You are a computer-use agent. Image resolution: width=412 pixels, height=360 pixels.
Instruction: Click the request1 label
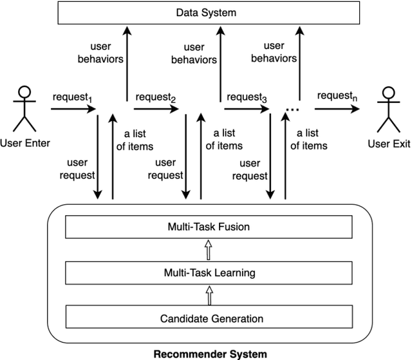tap(71, 97)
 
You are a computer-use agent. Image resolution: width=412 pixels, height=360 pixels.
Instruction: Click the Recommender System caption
tap(210, 353)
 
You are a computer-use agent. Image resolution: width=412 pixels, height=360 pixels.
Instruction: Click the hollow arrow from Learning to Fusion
tap(208, 249)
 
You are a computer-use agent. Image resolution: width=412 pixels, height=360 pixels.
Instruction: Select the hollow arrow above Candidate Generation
tap(208, 295)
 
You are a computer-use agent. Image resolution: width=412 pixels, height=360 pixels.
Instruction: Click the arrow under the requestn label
tap(337, 109)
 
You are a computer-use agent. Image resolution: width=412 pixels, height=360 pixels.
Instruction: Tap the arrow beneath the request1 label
tap(73, 109)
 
